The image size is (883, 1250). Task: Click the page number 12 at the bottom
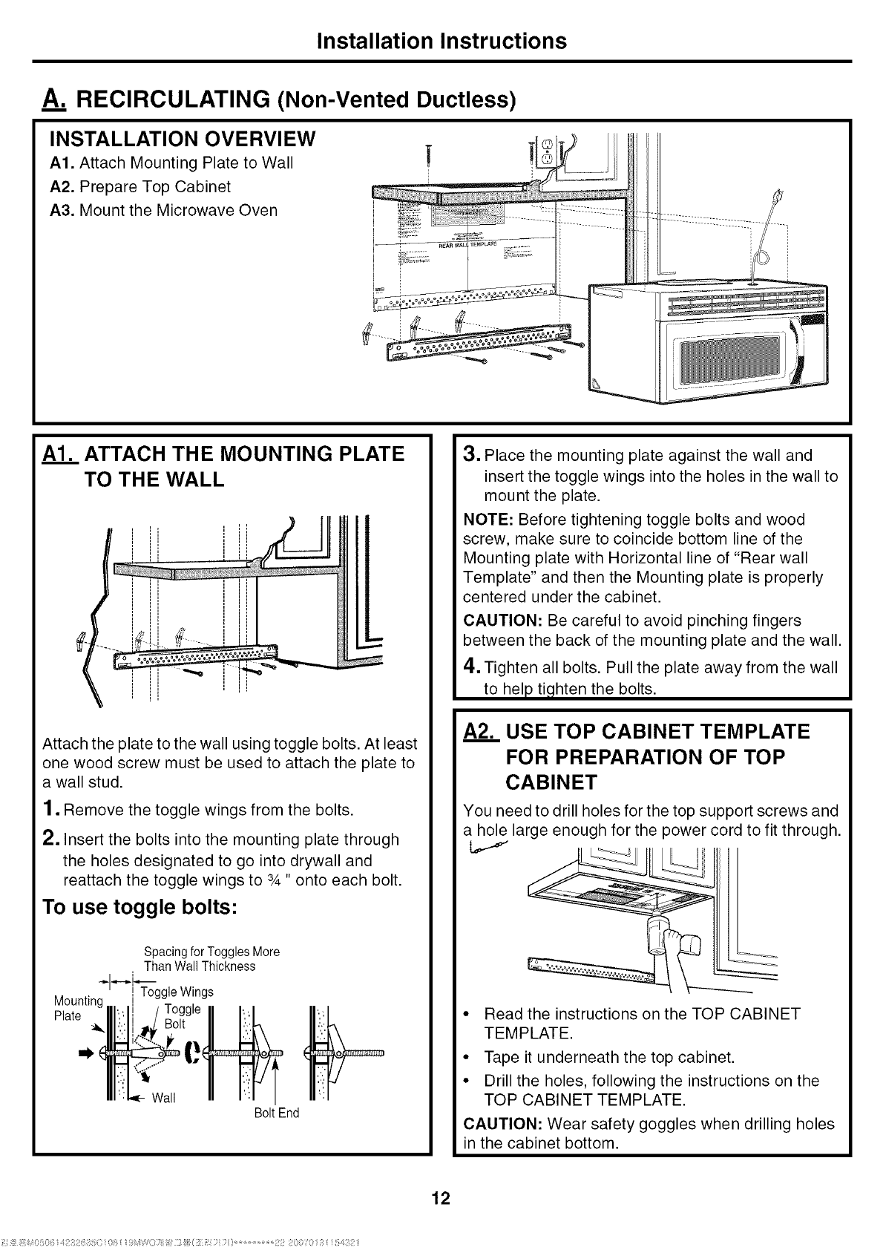pos(441,1198)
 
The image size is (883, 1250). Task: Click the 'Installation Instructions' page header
pos(441,40)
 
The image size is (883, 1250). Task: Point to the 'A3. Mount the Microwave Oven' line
pos(163,210)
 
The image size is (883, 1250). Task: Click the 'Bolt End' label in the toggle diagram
pos(276,1113)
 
